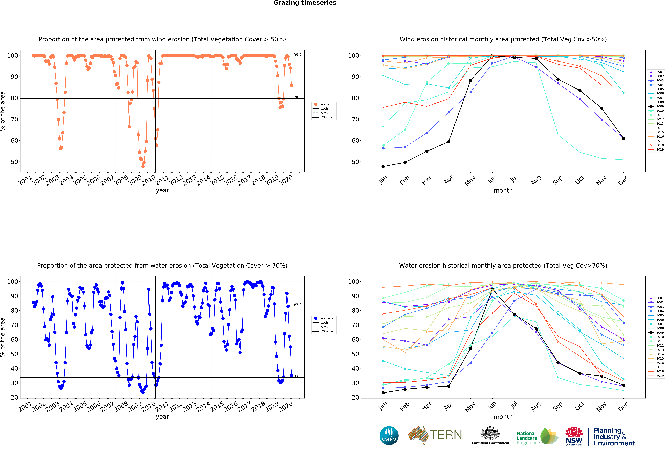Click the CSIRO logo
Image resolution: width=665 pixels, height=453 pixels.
(389, 436)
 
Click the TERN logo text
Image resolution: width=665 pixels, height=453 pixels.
(446, 435)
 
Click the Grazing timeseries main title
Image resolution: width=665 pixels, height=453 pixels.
(305, 3)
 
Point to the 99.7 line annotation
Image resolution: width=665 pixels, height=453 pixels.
(298, 55)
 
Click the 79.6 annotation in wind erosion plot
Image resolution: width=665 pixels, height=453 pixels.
(298, 98)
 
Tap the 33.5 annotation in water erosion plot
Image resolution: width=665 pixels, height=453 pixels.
(298, 376)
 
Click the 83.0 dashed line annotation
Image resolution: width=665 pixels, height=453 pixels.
(298, 305)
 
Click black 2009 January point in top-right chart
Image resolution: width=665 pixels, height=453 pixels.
(383, 166)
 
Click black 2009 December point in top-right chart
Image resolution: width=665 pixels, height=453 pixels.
(623, 138)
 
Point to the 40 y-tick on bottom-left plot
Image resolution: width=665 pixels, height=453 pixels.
(14, 368)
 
